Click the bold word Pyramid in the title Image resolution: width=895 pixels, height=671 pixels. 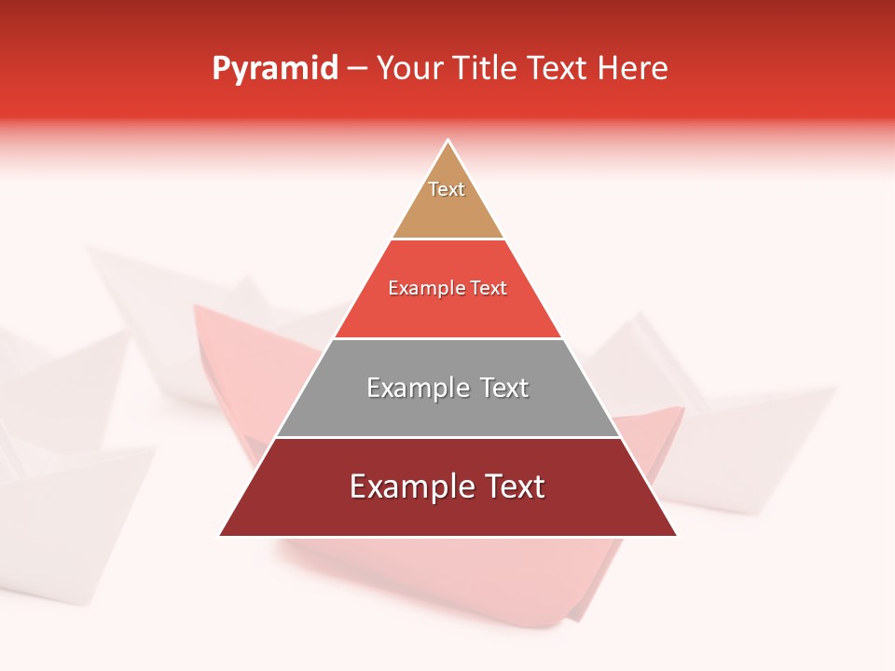point(275,69)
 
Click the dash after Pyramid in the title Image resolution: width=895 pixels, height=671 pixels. point(357,69)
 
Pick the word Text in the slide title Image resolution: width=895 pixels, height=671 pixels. point(558,69)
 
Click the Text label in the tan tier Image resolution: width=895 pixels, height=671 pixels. point(447,189)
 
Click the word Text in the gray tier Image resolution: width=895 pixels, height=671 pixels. point(505,388)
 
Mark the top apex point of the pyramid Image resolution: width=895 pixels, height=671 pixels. point(448,141)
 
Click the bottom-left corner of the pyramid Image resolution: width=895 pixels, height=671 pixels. point(221,535)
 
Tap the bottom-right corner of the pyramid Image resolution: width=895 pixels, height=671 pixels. point(676,535)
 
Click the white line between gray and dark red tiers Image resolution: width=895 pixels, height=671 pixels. point(447,437)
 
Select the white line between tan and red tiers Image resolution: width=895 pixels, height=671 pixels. point(447,240)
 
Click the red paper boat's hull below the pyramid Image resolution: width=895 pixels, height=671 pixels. point(522,587)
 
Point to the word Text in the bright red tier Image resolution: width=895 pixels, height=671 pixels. point(490,289)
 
